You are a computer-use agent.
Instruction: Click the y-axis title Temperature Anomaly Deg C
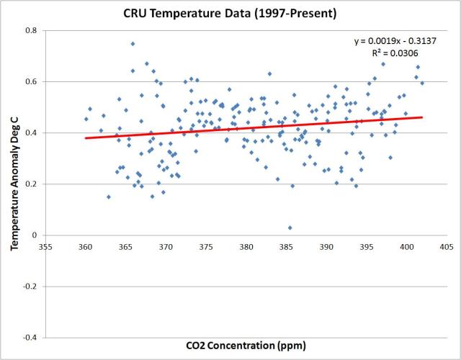point(14,184)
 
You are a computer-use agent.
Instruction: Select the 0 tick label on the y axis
point(34,235)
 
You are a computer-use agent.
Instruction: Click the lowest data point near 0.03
point(290,228)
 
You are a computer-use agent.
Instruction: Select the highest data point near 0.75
point(133,44)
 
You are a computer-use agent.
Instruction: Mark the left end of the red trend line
point(86,138)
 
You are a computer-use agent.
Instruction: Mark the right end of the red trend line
point(422,117)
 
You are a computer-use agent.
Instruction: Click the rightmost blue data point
point(422,83)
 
